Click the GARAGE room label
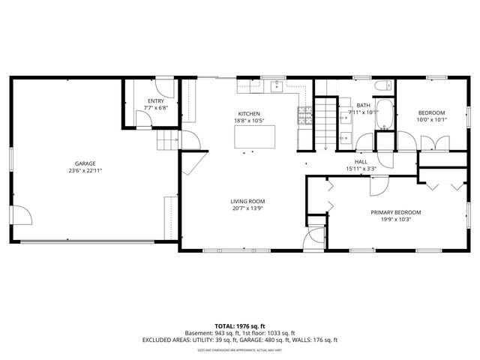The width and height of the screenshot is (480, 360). point(85,163)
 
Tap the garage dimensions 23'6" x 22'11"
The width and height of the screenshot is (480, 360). point(85,171)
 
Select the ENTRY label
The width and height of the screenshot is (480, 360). point(155,100)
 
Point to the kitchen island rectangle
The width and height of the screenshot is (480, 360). point(254,139)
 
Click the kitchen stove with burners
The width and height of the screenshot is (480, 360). point(305,115)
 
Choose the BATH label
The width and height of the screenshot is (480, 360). point(363,106)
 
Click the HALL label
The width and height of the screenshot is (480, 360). point(361,161)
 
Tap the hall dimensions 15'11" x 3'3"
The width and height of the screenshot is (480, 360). point(361,169)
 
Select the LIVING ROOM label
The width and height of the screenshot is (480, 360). point(247,201)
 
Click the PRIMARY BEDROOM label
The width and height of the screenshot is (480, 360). point(396,212)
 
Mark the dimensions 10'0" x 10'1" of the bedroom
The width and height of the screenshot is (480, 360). point(431,119)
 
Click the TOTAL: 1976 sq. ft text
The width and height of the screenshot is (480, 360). point(240,325)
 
